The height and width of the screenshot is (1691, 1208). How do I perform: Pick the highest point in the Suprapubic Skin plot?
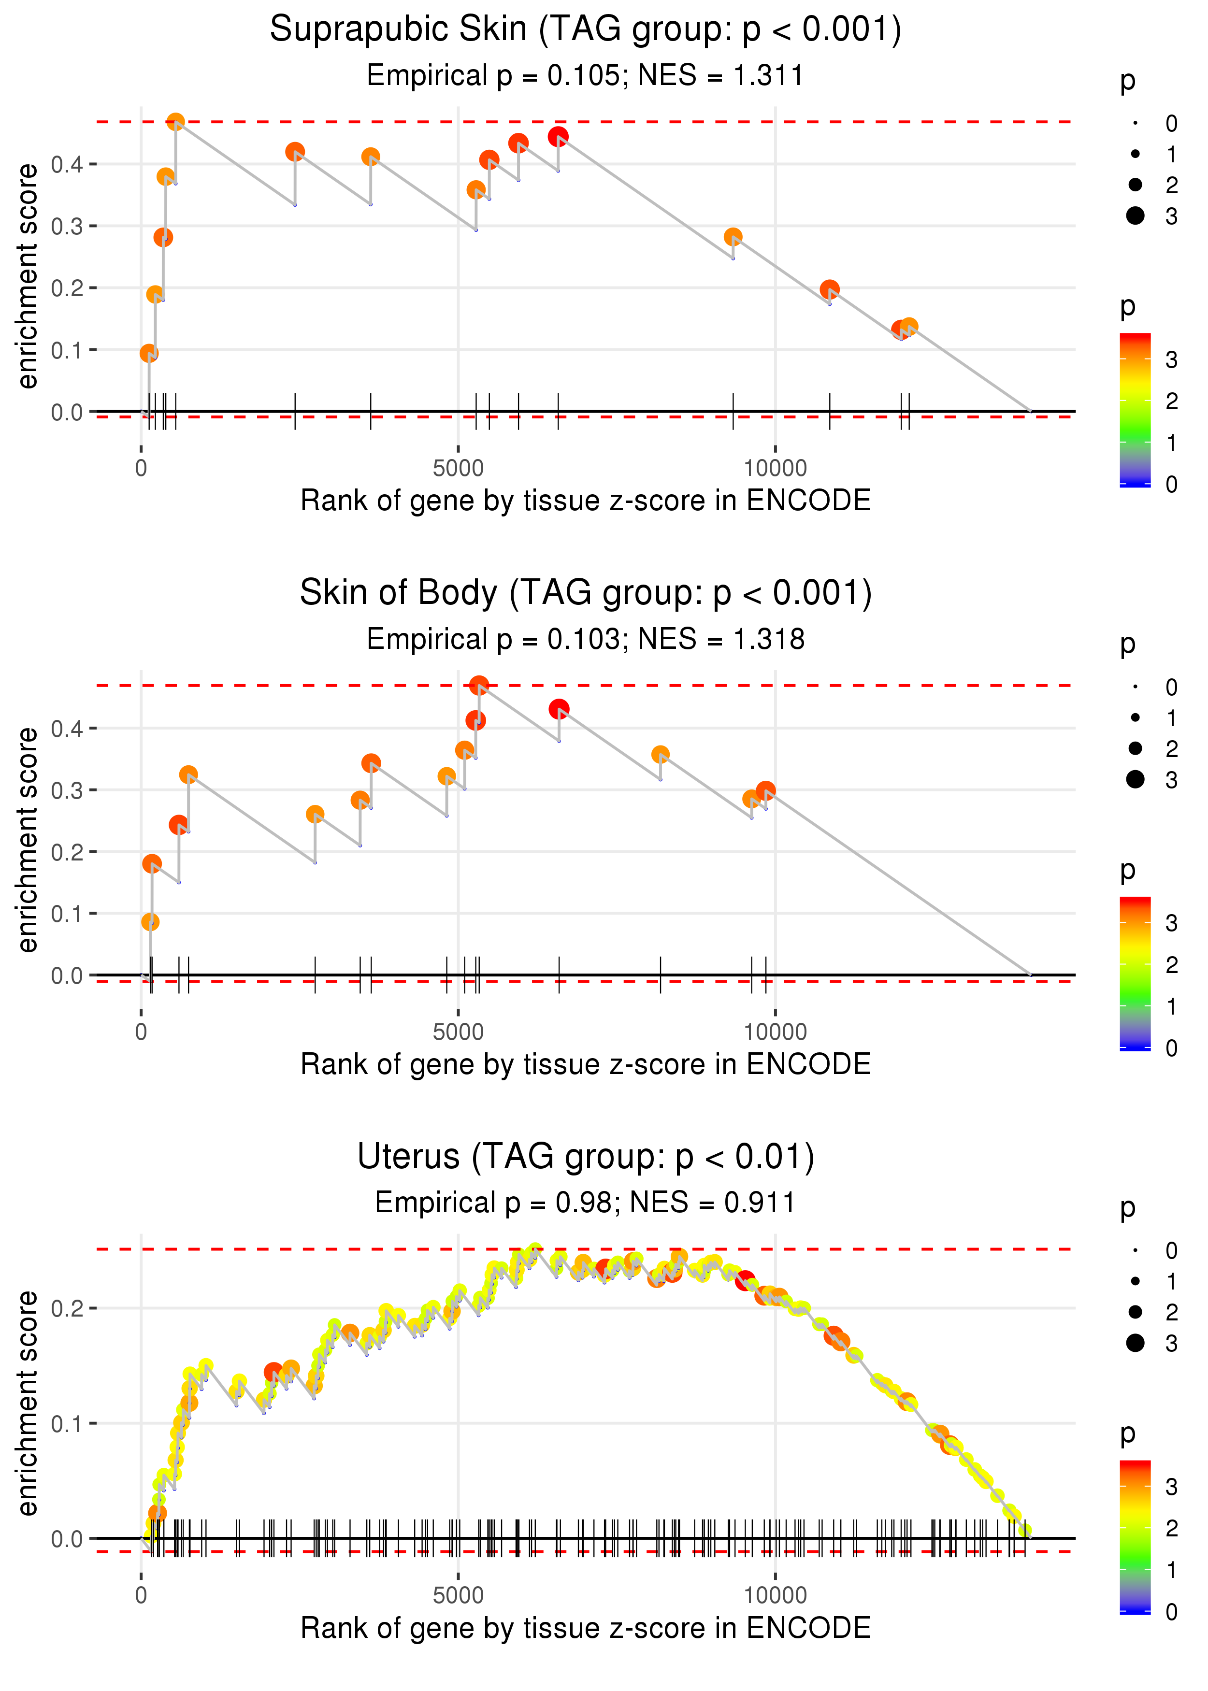click(175, 122)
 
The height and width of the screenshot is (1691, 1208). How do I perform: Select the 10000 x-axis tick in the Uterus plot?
click(775, 1594)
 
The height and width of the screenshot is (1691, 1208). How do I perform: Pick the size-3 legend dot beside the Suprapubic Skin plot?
click(1135, 215)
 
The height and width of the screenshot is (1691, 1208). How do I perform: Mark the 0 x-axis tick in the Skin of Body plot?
click(141, 1032)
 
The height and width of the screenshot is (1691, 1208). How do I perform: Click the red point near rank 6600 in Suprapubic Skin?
click(558, 137)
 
